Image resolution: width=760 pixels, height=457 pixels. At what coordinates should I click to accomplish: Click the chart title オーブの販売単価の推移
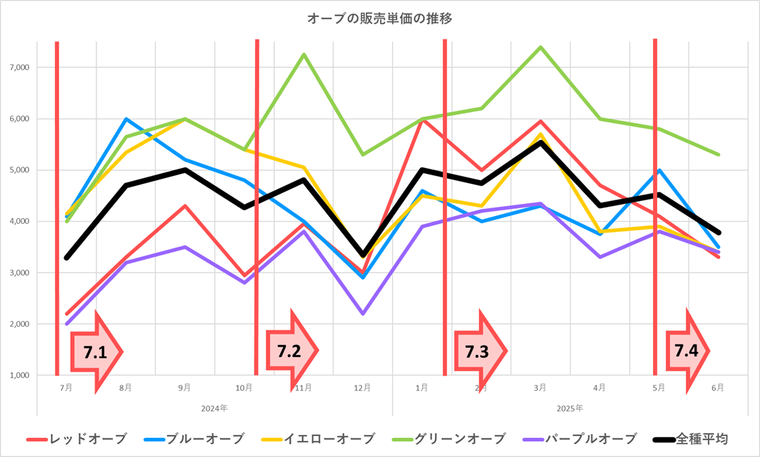tap(379, 19)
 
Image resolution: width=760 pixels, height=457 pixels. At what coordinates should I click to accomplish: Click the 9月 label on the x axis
tap(185, 388)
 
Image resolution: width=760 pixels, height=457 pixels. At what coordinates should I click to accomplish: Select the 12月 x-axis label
tap(362, 388)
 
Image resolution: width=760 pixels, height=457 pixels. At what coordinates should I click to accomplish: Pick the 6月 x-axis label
tap(717, 388)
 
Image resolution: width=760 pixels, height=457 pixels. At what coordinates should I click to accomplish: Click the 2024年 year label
tap(214, 408)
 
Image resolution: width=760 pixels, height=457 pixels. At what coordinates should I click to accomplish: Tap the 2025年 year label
tap(569, 408)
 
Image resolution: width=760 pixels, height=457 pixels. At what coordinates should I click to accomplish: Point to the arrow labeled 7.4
tap(687, 350)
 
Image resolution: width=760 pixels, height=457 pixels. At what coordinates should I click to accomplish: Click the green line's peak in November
tap(304, 54)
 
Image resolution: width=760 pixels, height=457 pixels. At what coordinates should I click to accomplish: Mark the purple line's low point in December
tap(363, 313)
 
